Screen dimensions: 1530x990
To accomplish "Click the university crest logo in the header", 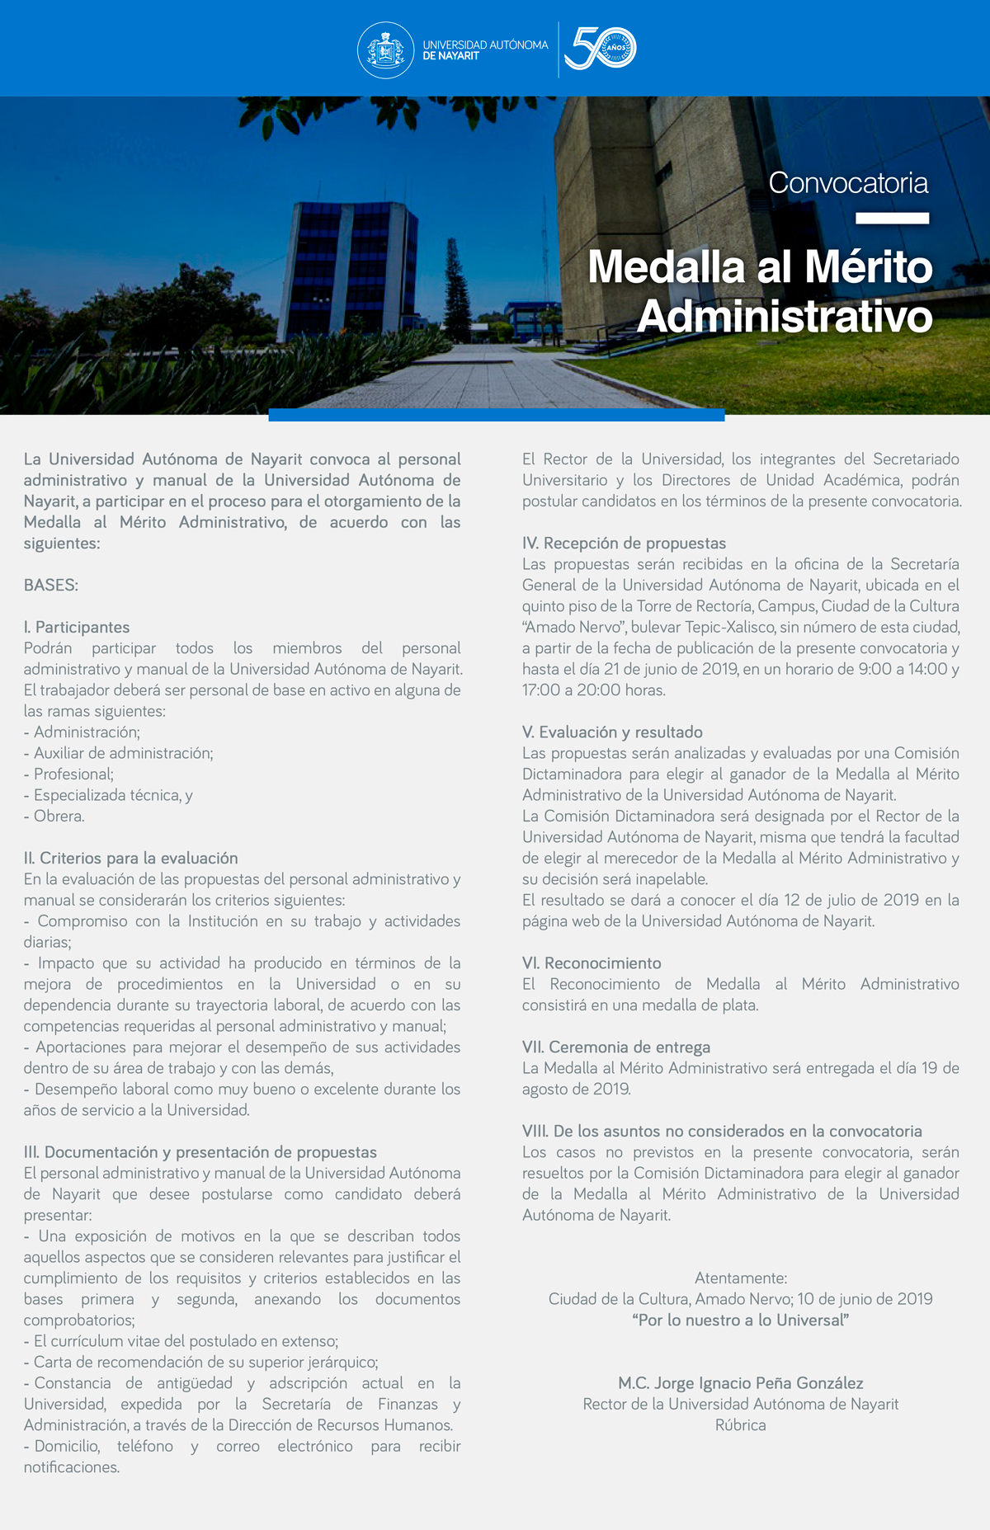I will point(385,50).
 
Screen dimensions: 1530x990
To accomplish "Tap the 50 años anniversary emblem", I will point(601,49).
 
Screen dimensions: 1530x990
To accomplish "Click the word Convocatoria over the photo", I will point(848,183).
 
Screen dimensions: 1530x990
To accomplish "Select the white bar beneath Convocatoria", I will point(892,219).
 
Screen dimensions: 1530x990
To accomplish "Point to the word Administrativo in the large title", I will point(785,317).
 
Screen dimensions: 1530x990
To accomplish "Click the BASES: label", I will point(51,586).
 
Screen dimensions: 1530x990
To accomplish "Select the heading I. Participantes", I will point(77,628).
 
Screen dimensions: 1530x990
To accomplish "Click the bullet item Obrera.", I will point(59,817).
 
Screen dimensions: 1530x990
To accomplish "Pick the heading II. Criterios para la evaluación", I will point(131,859).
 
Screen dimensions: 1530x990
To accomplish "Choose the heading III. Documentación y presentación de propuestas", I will point(200,1152).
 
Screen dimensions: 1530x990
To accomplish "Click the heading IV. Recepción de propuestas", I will point(624,544).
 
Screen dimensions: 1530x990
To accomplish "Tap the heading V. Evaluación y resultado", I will point(612,732).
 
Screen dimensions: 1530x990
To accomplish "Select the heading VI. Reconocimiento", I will point(592,963).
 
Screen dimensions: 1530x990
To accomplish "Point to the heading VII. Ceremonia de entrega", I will point(616,1047).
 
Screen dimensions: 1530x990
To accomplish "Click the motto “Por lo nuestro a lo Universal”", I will point(741,1321).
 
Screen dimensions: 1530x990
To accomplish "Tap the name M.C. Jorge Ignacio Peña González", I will point(741,1383).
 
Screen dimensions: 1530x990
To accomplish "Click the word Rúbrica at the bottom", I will point(741,1425).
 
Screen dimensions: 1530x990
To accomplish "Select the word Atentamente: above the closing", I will point(741,1278).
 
